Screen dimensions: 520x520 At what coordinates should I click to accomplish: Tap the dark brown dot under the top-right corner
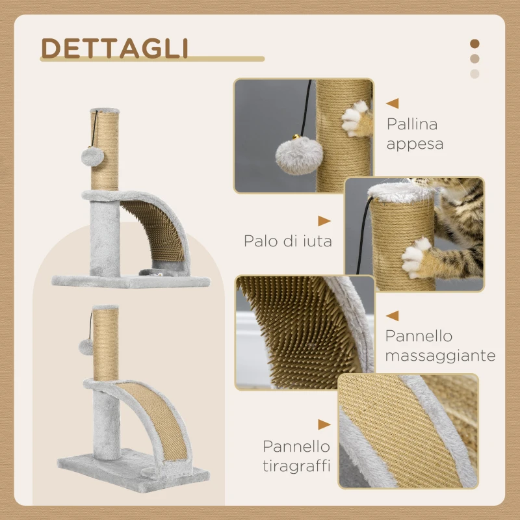pyautogui.click(x=474, y=44)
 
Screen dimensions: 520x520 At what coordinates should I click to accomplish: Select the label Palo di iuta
pyautogui.click(x=288, y=241)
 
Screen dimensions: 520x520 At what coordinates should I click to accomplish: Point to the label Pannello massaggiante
pyautogui.click(x=440, y=346)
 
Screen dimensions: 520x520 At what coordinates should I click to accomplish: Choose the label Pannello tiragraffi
pyautogui.click(x=296, y=456)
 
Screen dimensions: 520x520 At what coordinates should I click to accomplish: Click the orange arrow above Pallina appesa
pyautogui.click(x=392, y=103)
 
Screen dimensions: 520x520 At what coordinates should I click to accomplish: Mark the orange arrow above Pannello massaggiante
pyautogui.click(x=392, y=315)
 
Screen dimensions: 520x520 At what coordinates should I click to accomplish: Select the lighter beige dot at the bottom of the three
pyautogui.click(x=474, y=73)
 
